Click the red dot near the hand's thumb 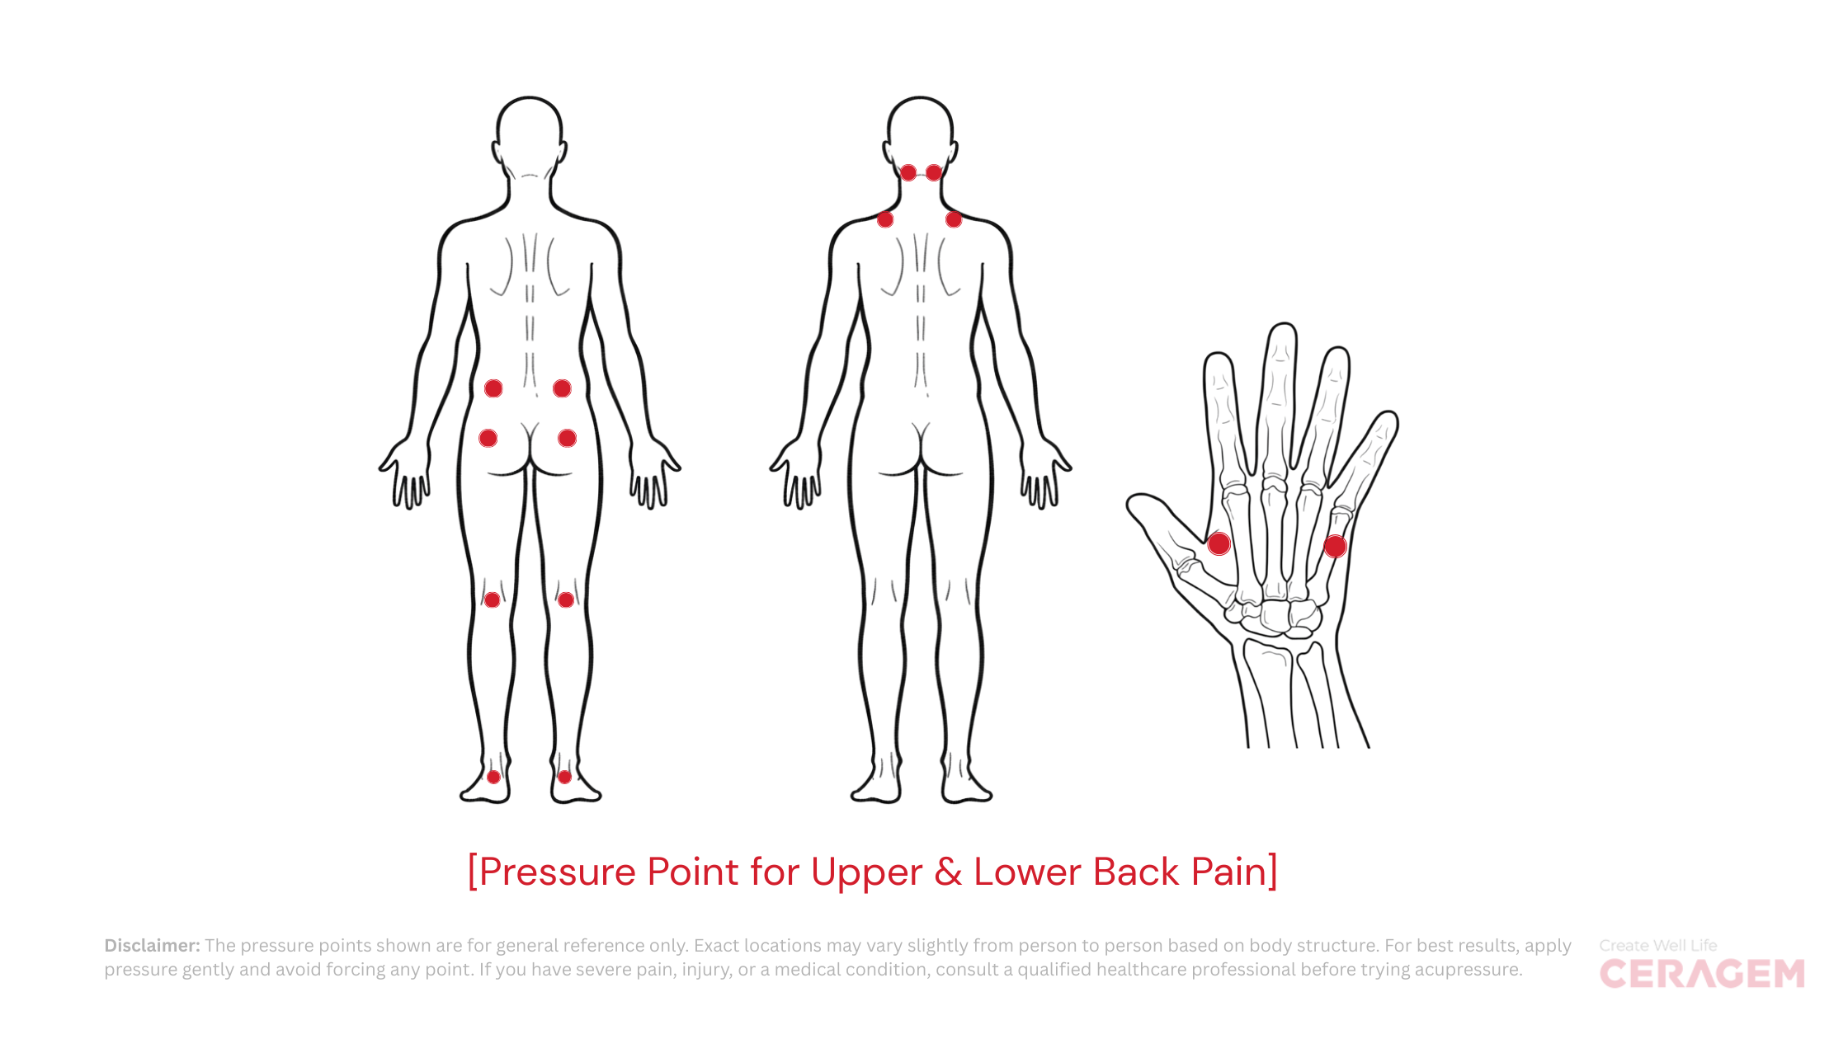pos(1219,543)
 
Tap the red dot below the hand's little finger pos(1335,546)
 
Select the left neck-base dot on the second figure pos(907,172)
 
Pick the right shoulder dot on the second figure pos(954,219)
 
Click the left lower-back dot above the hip pos(493,388)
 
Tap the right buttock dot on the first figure pos(567,438)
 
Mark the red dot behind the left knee pos(492,599)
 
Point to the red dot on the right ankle pos(564,777)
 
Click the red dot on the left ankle pos(493,777)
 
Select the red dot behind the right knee pos(565,599)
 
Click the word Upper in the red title pos(865,872)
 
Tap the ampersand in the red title pos(948,872)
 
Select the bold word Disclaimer pos(152,946)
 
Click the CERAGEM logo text pos(1701,975)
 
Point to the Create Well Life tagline pos(1657,946)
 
